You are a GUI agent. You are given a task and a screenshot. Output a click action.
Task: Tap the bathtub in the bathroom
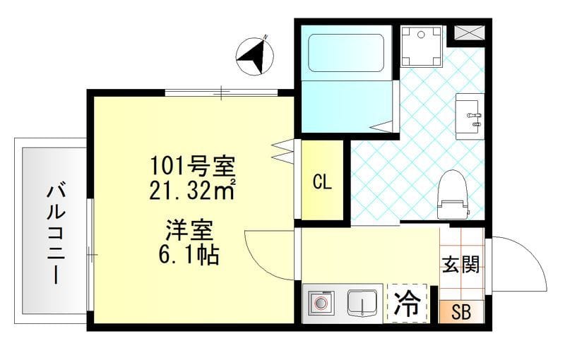[x=345, y=51]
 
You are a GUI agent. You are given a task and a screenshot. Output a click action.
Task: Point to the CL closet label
[x=322, y=181]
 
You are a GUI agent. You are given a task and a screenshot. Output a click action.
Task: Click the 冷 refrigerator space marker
[x=408, y=304]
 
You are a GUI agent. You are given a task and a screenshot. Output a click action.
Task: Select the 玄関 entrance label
[x=461, y=265]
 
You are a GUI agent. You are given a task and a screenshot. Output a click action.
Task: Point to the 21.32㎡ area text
[x=191, y=189]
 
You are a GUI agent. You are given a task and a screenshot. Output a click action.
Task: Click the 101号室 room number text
[x=191, y=167]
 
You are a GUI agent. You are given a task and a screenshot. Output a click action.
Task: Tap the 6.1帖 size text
[x=191, y=253]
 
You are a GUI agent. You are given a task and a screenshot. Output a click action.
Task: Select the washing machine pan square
[x=421, y=45]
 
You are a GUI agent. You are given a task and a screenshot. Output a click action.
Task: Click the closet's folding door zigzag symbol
[x=282, y=150]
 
